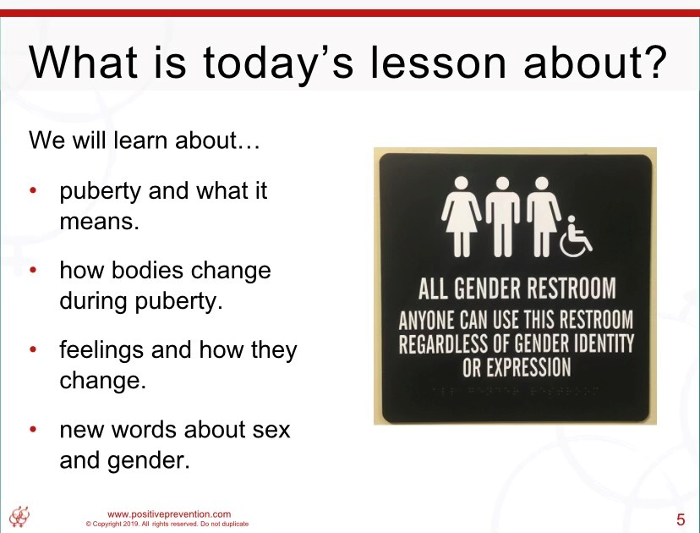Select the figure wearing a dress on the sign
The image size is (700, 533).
[461, 217]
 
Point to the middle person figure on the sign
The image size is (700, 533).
[502, 217]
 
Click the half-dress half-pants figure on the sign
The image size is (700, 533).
[543, 217]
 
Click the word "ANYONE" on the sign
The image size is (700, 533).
[427, 320]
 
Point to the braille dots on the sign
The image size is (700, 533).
[515, 392]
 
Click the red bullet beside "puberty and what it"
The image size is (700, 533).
[33, 190]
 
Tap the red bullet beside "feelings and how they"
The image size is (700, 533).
[33, 349]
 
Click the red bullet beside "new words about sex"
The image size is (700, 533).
[33, 429]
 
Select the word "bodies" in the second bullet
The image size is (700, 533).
[146, 270]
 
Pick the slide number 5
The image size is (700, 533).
[681, 519]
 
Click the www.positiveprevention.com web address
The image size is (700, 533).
[169, 514]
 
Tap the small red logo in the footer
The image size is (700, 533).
[19, 516]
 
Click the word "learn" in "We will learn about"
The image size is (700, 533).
[141, 140]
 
